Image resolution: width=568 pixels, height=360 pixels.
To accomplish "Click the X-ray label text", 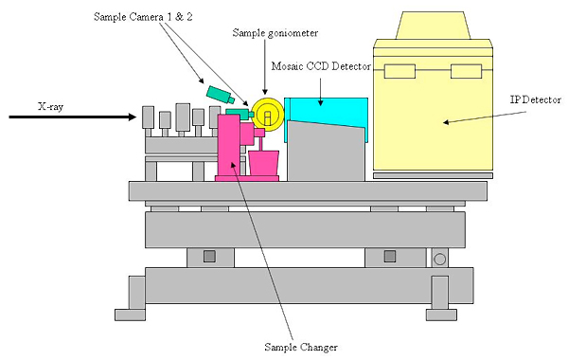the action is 51,107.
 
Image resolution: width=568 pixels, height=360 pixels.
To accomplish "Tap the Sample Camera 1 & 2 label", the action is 143,17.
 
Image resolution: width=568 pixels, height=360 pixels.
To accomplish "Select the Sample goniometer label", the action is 275,33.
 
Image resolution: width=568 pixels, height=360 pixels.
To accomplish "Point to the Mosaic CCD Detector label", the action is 321,66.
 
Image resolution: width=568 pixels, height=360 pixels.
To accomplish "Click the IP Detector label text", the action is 536,99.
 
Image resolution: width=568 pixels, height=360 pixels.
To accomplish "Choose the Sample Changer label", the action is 301,348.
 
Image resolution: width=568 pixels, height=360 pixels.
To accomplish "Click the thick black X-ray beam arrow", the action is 73,117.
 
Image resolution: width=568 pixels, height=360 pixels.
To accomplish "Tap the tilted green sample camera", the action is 221,94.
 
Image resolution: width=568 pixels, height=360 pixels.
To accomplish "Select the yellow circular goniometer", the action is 268,114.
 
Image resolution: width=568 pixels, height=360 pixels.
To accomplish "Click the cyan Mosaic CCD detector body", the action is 326,109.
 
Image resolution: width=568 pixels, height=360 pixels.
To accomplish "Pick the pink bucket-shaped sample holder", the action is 263,163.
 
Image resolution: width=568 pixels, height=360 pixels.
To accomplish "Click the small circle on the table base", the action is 439,260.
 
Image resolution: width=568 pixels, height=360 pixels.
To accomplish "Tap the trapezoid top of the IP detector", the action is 433,26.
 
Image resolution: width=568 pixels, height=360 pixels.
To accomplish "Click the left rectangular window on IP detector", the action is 399,71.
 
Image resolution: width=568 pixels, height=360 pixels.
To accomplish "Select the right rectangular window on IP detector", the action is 466,71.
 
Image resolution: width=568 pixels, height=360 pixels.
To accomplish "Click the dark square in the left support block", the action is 209,257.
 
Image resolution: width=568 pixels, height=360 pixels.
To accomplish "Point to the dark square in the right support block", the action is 390,257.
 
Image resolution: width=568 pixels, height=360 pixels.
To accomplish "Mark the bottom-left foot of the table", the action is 130,315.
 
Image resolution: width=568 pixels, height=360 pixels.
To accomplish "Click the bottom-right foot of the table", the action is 441,315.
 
